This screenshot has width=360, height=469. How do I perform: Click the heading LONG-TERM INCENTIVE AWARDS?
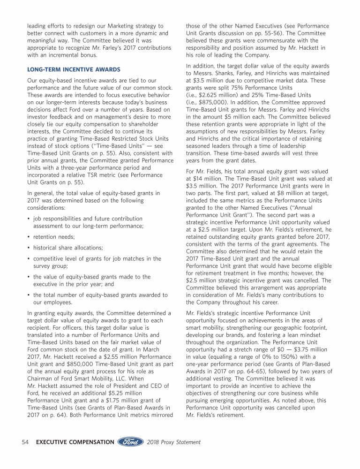tap(74, 69)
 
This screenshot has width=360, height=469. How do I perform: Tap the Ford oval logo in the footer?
tap(131, 442)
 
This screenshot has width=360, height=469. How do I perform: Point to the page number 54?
tap(27, 442)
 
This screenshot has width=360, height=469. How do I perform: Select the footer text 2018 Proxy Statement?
tap(174, 442)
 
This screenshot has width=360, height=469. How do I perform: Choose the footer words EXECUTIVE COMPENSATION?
tap(75, 442)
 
